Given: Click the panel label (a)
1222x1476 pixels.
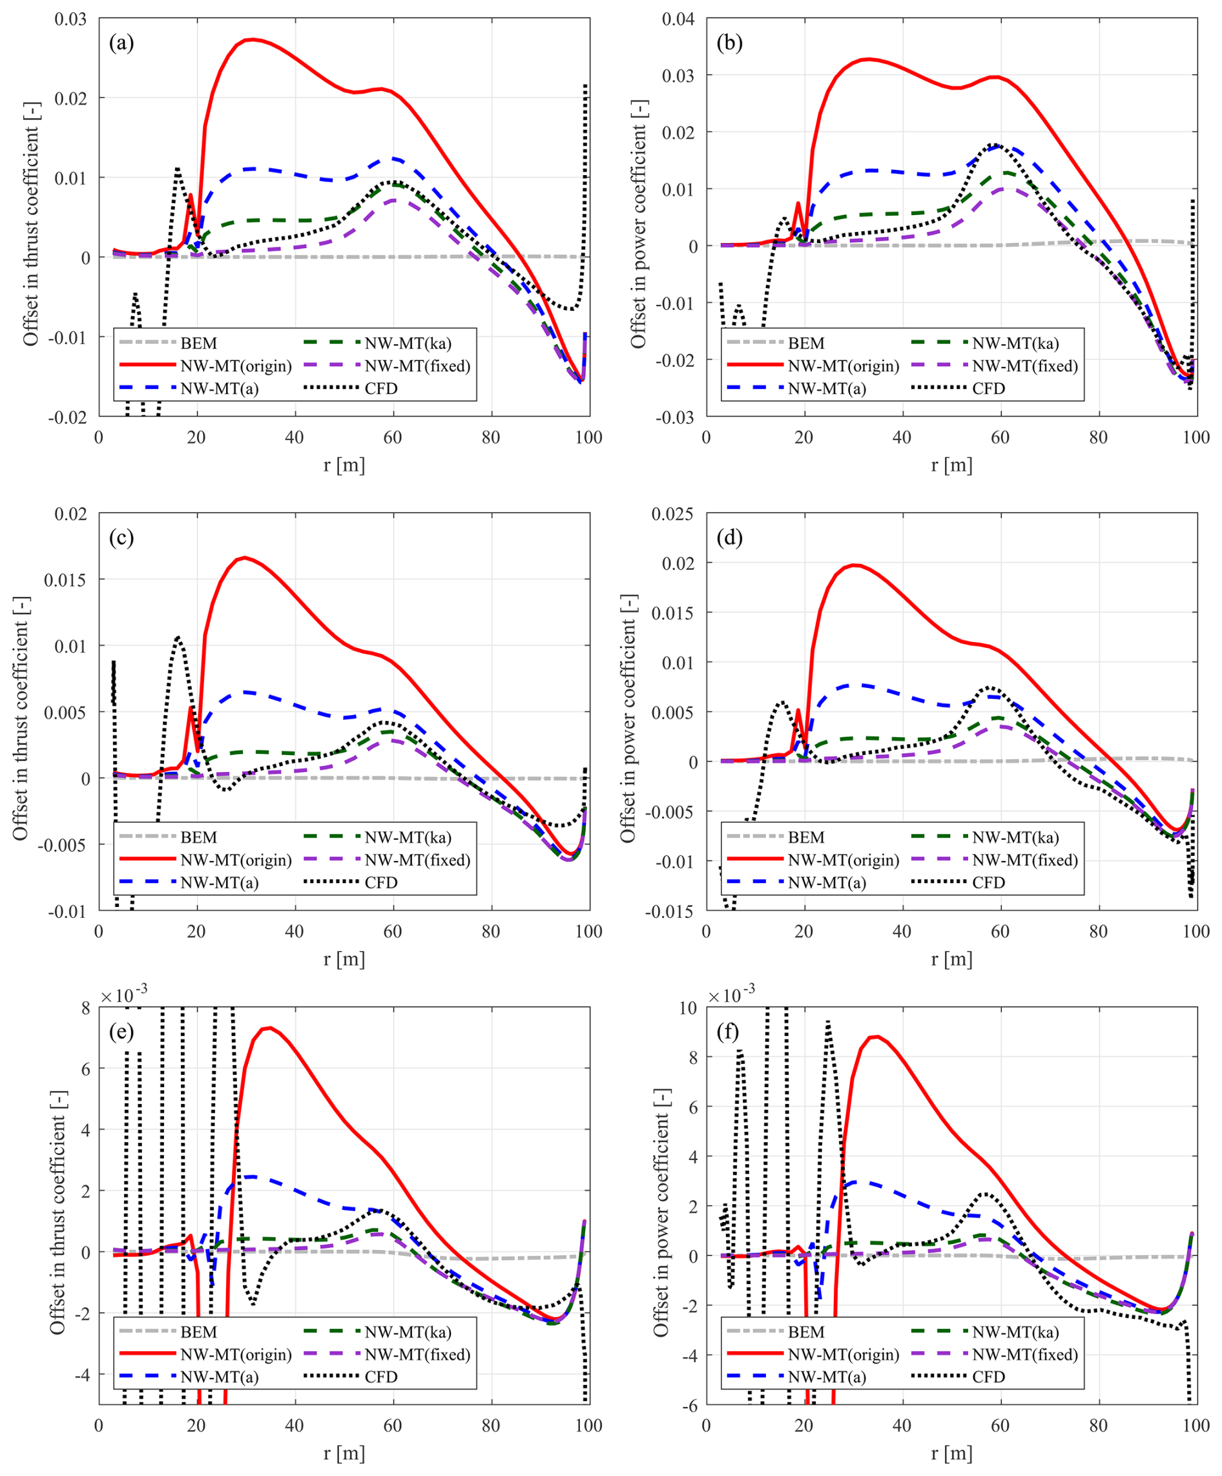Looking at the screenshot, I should [121, 43].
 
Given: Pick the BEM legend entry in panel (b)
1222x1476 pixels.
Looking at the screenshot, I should [805, 344].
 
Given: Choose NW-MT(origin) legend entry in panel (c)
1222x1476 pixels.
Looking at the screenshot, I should [235, 860].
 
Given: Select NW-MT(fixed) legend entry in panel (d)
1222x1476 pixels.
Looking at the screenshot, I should [1024, 860].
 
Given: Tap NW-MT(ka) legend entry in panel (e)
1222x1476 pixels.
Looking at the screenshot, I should [408, 1332].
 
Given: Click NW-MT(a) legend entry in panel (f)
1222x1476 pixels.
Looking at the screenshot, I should [826, 1377].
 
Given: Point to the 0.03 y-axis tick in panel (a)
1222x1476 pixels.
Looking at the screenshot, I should [71, 19].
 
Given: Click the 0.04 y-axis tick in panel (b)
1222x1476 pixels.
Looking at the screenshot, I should [679, 19].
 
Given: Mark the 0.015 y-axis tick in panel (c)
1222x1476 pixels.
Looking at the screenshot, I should [66, 580].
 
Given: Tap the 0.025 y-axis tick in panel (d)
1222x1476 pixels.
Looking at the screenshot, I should [673, 514].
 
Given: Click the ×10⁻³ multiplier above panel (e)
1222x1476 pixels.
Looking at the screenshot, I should [123, 995].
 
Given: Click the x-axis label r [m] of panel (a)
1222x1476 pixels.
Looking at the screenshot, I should [344, 464].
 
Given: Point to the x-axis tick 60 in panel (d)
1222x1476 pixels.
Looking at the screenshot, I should [1000, 932].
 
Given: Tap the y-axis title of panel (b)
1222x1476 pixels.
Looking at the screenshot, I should [638, 223].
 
